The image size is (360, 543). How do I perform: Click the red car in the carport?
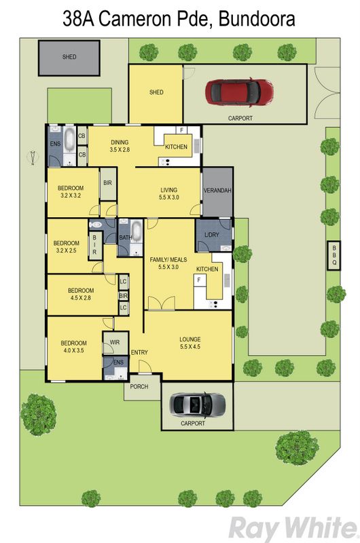[x=239, y=92]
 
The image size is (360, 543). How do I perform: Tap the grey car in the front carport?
[x=197, y=405]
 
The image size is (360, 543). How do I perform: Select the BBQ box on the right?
[x=334, y=255]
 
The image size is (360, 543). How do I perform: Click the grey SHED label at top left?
[x=69, y=57]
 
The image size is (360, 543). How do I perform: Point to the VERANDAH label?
[x=217, y=191]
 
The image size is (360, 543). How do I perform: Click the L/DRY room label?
[x=212, y=234]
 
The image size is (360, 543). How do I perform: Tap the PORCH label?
[x=139, y=386]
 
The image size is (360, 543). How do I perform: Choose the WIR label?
[x=115, y=342]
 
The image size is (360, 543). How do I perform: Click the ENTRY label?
[x=139, y=352]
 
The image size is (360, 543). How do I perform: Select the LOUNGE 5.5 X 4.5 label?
[x=190, y=343]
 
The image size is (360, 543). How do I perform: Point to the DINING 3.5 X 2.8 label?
[x=120, y=146]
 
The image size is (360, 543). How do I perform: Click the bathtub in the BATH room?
[x=136, y=231]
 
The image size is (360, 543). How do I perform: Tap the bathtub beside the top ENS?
[x=70, y=139]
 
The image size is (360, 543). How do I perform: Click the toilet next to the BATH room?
[x=95, y=225]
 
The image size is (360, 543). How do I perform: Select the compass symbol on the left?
[x=32, y=158]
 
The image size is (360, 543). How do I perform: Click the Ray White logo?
[x=293, y=528]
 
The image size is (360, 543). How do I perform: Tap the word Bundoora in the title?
[x=257, y=19]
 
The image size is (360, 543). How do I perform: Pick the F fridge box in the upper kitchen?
[x=181, y=130]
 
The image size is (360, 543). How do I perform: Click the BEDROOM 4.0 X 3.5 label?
[x=73, y=347]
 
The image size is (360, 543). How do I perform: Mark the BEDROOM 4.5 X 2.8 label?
[x=81, y=294]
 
